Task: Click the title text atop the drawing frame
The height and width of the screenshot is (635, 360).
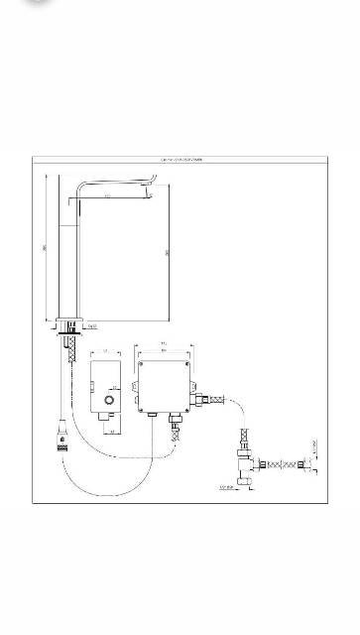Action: [180, 158]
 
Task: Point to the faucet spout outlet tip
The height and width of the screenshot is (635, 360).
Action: [151, 182]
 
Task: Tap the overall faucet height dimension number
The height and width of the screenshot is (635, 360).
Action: [46, 247]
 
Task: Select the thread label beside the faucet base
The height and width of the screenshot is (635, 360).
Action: [91, 325]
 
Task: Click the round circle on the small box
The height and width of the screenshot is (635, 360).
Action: [107, 401]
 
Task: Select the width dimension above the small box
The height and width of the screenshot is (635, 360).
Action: [106, 351]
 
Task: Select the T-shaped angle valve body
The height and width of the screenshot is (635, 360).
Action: [244, 459]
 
